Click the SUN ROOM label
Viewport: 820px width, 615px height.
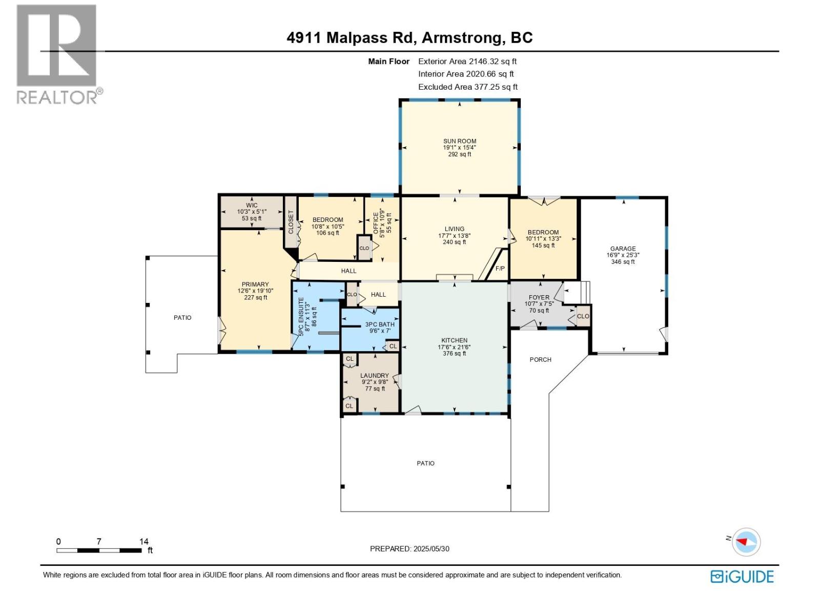(459, 141)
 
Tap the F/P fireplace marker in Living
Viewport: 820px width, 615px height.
(500, 269)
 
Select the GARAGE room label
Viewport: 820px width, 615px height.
(623, 249)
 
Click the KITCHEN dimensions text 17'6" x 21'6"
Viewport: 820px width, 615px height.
(454, 347)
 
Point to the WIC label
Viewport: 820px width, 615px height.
(251, 205)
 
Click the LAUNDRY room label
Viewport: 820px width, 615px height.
(374, 376)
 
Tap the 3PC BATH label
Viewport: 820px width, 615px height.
(380, 324)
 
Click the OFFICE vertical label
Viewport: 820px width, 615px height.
(376, 223)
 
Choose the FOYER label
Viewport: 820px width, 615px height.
(539, 297)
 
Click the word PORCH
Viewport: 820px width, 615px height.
(540, 360)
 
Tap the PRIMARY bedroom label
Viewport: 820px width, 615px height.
(255, 284)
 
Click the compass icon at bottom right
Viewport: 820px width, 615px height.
(746, 542)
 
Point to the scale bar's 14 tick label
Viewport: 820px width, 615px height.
(144, 541)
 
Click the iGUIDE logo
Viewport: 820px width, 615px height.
(742, 577)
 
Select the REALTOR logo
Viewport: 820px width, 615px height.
(57, 54)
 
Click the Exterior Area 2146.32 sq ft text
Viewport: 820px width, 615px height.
(467, 61)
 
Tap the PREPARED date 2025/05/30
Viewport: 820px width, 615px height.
(430, 548)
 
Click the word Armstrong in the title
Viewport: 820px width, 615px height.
(462, 37)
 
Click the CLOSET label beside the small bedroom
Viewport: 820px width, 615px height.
(291, 222)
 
